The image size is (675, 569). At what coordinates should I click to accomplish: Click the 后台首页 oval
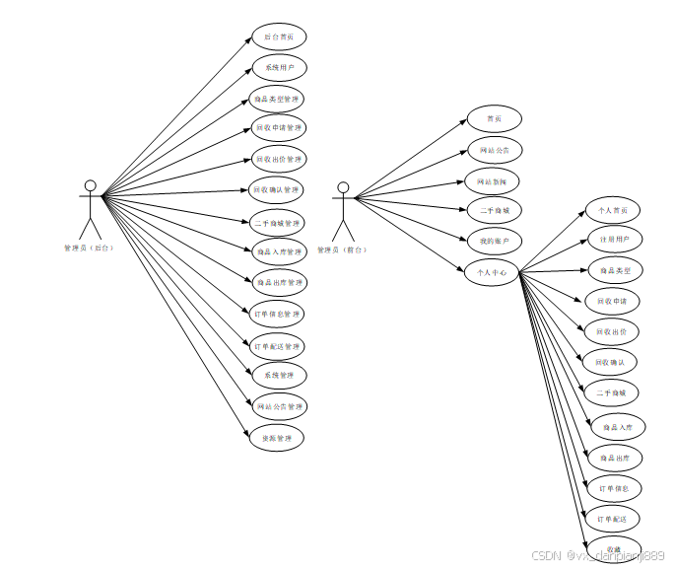(x=278, y=37)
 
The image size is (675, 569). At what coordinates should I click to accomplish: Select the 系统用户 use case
(x=278, y=68)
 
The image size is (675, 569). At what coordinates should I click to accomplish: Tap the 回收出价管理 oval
(x=278, y=159)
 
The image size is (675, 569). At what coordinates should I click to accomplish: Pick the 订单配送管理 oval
(x=278, y=346)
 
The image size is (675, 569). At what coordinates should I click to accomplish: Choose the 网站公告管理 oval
(x=278, y=406)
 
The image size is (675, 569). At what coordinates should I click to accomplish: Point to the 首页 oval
(x=493, y=119)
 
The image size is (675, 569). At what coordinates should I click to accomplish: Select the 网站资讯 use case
(x=493, y=180)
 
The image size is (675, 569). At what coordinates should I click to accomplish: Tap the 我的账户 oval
(x=493, y=241)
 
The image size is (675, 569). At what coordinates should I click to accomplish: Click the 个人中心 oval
(x=492, y=271)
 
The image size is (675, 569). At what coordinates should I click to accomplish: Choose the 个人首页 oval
(x=612, y=210)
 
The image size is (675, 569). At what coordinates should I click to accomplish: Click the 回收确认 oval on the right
(x=610, y=362)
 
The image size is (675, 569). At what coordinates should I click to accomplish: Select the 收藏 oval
(x=614, y=549)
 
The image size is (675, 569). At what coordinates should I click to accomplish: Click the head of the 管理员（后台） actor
(x=90, y=185)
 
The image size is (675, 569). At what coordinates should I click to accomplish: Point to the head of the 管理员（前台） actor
(x=343, y=186)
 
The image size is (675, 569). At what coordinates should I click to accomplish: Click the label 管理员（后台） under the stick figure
(x=89, y=249)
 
